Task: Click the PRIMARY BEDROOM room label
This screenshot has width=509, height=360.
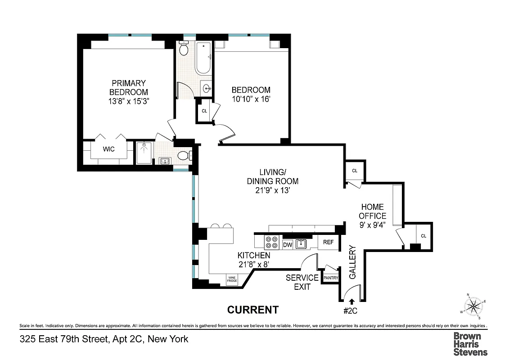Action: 129,92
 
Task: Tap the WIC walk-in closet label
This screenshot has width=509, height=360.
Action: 108,149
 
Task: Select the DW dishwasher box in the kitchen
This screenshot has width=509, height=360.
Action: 288,244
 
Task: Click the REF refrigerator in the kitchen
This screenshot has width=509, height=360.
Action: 328,242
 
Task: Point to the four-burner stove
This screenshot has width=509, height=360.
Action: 271,243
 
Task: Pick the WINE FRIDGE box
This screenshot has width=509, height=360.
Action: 232,279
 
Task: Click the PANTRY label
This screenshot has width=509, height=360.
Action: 331,278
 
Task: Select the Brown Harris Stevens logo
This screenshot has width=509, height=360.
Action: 470,344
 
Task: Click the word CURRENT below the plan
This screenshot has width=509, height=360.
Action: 253,310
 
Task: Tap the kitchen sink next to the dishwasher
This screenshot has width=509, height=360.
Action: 301,244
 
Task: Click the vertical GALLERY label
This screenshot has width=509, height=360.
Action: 352,262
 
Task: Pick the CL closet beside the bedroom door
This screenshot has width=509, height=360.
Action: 204,111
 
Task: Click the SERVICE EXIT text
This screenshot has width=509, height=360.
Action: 302,282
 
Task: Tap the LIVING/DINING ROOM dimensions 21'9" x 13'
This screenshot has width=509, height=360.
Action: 272,190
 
